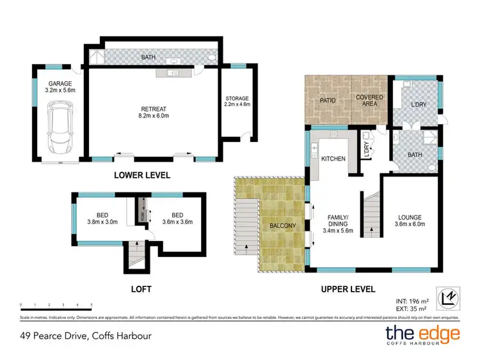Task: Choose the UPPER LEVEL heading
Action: (x=348, y=289)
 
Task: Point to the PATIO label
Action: (x=328, y=101)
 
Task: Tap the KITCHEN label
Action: (x=333, y=158)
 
